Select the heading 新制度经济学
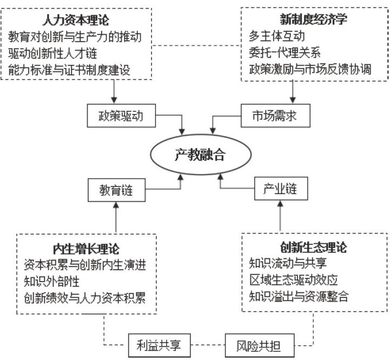point(310,19)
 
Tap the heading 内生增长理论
point(86,249)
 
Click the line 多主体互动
point(271,37)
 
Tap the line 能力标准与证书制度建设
point(70,70)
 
